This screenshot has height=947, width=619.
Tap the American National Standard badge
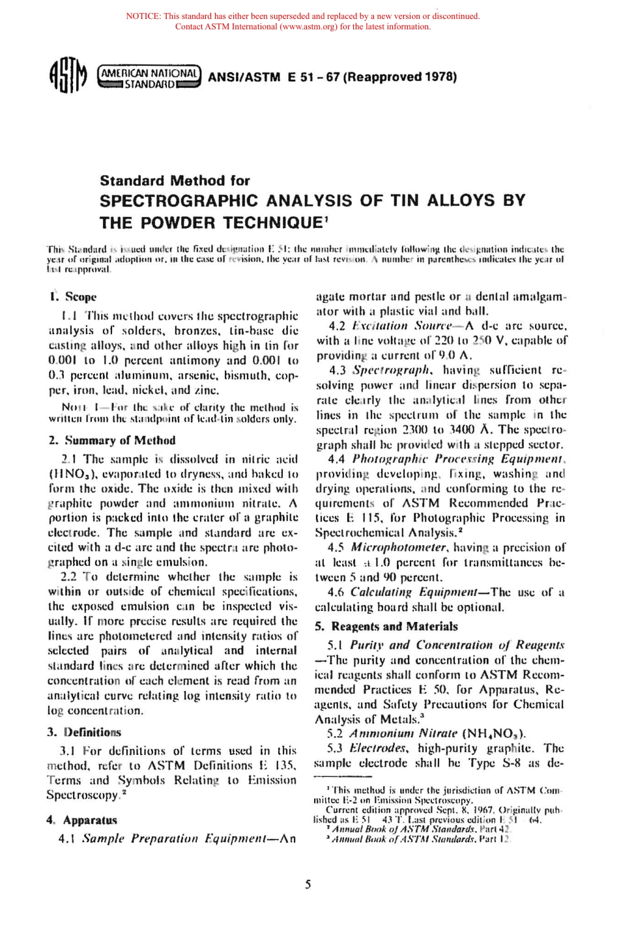pyautogui.click(x=149, y=77)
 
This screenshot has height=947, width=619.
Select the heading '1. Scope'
pyautogui.click(x=72, y=297)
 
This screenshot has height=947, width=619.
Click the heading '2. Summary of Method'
pyautogui.click(x=112, y=440)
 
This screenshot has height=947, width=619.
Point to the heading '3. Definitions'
pyautogui.click(x=84, y=732)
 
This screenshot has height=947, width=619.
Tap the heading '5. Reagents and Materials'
pyautogui.click(x=386, y=627)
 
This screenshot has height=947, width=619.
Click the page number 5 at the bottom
pyautogui.click(x=308, y=884)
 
